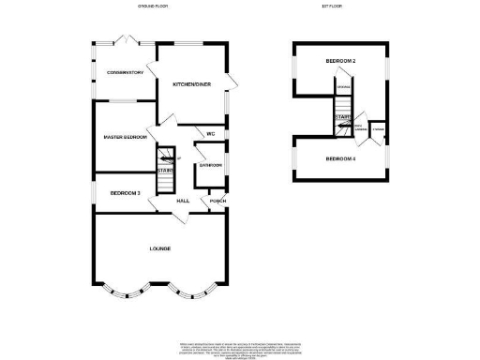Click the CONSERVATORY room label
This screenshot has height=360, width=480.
[x=124, y=72]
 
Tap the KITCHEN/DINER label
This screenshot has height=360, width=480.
[x=190, y=84]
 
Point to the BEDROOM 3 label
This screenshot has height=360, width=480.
[x=125, y=193]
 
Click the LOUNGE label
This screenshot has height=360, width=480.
[x=160, y=248]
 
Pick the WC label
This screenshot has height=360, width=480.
[x=211, y=135]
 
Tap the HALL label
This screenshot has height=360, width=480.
[x=184, y=201]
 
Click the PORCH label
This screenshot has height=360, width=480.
[x=217, y=201]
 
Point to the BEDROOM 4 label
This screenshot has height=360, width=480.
[x=339, y=159]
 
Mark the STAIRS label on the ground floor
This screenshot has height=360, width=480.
[x=165, y=170]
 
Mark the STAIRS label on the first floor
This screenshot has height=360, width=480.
[x=342, y=118]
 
